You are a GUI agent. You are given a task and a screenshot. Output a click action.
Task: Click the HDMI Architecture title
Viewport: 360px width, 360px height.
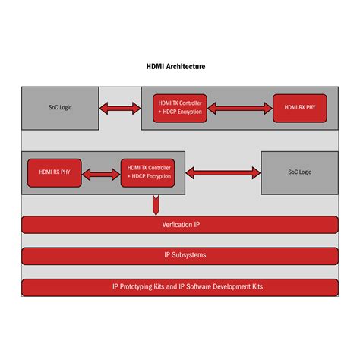click(x=175, y=67)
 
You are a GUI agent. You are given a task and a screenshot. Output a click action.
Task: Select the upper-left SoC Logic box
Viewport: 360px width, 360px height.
click(x=59, y=109)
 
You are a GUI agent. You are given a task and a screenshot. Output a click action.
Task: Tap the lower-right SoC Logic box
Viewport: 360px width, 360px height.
click(x=299, y=172)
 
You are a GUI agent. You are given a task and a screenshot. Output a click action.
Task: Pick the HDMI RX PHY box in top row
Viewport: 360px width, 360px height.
click(x=302, y=108)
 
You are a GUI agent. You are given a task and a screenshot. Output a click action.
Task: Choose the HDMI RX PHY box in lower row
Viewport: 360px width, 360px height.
click(x=54, y=172)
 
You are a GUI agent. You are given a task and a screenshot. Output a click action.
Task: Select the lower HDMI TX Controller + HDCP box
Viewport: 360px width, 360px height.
click(x=149, y=172)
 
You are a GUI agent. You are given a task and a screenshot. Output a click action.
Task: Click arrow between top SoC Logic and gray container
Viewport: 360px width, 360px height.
click(x=119, y=109)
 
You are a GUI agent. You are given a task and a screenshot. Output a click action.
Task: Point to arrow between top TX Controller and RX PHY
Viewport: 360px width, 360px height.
click(x=239, y=108)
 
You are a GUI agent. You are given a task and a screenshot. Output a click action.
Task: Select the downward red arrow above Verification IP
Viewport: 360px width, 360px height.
click(x=156, y=204)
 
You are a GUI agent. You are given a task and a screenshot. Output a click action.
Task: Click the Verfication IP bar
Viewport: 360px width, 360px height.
click(x=179, y=225)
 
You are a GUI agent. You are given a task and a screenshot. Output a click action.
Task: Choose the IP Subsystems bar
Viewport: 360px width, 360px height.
click(x=179, y=255)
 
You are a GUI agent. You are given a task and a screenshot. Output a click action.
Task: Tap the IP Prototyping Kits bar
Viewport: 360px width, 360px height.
click(x=179, y=287)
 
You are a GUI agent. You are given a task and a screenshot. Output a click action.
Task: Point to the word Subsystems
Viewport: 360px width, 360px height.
click(x=189, y=255)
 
